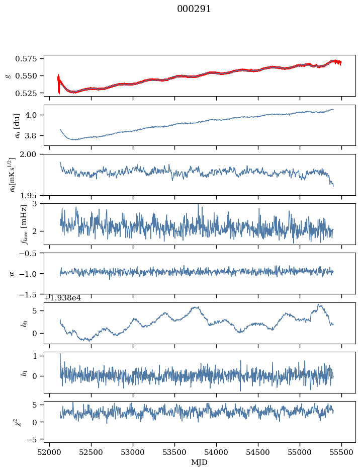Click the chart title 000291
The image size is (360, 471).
[194, 9]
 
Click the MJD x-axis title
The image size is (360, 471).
[200, 462]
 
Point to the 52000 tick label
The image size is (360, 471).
[49, 453]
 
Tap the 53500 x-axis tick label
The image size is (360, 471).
[175, 453]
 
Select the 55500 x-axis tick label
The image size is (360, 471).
[342, 453]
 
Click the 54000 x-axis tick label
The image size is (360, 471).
[217, 453]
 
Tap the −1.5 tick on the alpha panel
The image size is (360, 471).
[32, 294]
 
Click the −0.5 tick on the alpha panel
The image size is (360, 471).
[32, 253]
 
